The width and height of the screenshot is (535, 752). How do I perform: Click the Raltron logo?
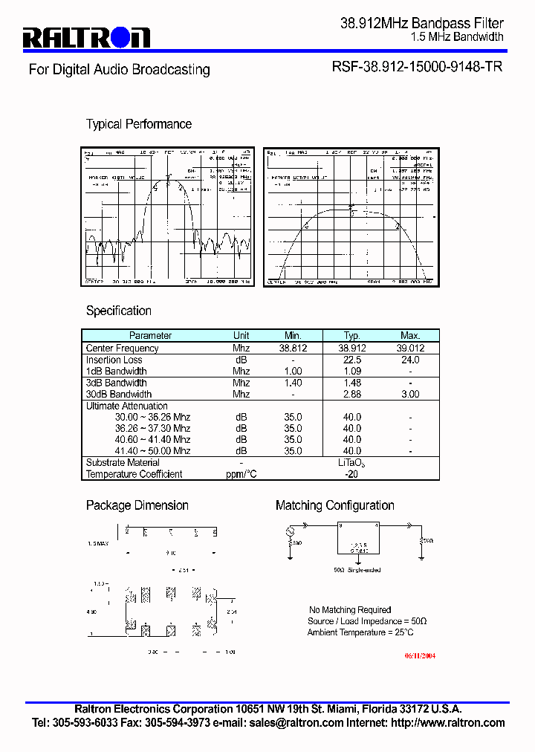(x=87, y=37)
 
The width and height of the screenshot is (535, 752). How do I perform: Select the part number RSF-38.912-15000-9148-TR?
(x=416, y=67)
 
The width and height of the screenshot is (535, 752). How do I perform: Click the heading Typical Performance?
(x=139, y=124)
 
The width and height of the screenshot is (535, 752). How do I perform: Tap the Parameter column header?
(x=151, y=336)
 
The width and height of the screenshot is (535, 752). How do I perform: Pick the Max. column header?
(x=410, y=336)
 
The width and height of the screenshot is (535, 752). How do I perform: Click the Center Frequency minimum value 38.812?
(x=293, y=348)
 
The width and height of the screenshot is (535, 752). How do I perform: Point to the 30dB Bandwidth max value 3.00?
(x=410, y=395)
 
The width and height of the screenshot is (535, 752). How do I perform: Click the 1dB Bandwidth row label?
(x=117, y=371)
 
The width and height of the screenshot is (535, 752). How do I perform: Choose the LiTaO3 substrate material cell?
(x=351, y=463)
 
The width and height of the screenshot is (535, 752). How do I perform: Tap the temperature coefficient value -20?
(x=351, y=474)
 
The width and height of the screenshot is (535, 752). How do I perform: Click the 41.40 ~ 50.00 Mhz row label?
(x=152, y=451)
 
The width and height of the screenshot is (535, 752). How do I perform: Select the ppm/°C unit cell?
(x=241, y=474)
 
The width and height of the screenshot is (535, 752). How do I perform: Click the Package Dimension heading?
(x=137, y=505)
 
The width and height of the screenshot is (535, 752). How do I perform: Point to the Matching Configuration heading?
(x=334, y=505)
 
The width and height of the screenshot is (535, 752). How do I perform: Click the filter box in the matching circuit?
(x=357, y=538)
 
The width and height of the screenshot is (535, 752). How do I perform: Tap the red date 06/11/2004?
(x=420, y=656)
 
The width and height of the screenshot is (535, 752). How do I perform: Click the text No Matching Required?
(x=350, y=610)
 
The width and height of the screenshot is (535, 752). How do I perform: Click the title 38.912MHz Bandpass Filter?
(x=421, y=24)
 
